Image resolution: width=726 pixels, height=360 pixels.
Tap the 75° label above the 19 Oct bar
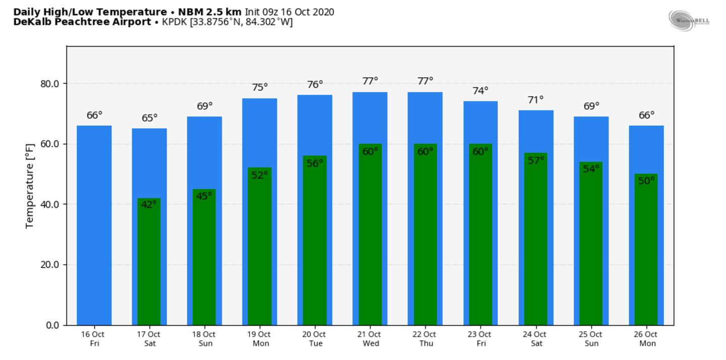(x=260, y=87)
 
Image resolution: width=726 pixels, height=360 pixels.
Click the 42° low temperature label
(x=149, y=204)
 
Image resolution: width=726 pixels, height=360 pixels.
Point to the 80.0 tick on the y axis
(x=50, y=83)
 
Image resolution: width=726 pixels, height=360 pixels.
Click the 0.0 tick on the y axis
(x=52, y=325)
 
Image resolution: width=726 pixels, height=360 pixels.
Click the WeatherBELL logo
(x=689, y=20)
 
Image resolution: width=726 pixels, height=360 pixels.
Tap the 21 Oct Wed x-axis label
(x=369, y=338)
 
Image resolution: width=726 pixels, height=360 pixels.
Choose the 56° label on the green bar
(x=315, y=163)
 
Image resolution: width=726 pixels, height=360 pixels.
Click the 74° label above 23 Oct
(x=480, y=91)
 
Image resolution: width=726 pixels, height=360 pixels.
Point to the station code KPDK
(x=174, y=22)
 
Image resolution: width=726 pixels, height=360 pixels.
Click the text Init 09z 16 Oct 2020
(x=289, y=12)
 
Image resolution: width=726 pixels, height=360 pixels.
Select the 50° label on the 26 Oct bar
(x=646, y=181)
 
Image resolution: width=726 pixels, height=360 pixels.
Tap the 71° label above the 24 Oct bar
(x=535, y=100)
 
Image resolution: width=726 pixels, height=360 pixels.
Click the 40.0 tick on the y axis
(x=50, y=204)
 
